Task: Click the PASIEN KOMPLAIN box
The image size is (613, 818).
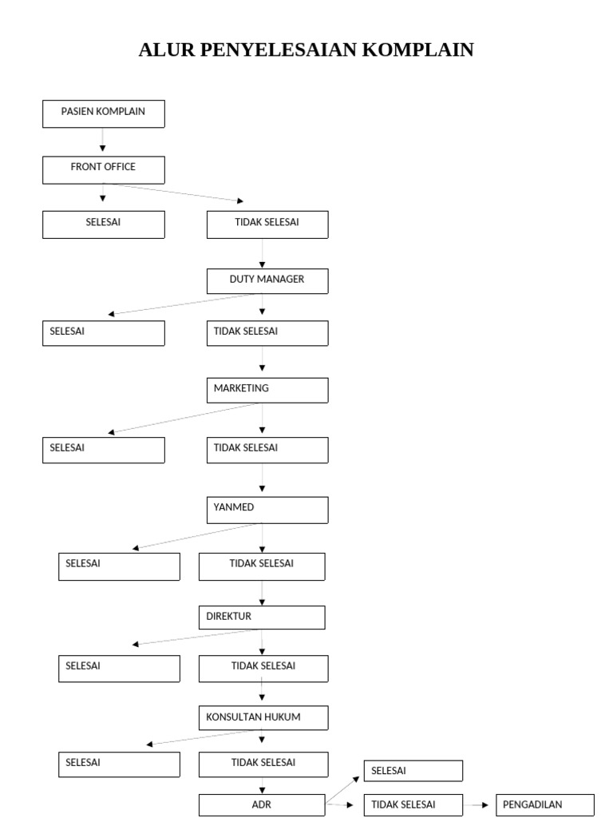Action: pyautogui.click(x=104, y=113)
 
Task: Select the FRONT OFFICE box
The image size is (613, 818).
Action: pyautogui.click(x=104, y=169)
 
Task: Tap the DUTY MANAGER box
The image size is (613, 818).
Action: pyautogui.click(x=267, y=281)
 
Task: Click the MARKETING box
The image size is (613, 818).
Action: pyautogui.click(x=267, y=390)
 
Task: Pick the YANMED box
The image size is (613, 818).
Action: pyautogui.click(x=267, y=510)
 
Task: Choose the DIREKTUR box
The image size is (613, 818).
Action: pyautogui.click(x=262, y=617)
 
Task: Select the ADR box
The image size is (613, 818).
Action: pyautogui.click(x=262, y=805)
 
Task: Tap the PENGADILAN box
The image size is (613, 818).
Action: pyautogui.click(x=545, y=805)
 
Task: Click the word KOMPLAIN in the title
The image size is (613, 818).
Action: pyautogui.click(x=418, y=50)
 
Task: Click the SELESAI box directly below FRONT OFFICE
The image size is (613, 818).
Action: pyautogui.click(x=104, y=224)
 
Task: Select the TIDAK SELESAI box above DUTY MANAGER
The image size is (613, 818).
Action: pyautogui.click(x=267, y=224)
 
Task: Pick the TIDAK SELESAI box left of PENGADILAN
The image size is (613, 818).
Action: pyautogui.click(x=413, y=805)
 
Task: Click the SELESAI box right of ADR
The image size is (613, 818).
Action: pyautogui.click(x=413, y=771)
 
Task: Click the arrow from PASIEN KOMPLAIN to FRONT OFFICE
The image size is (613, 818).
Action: pyautogui.click(x=103, y=141)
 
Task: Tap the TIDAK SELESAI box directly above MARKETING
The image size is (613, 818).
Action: pyautogui.click(x=267, y=333)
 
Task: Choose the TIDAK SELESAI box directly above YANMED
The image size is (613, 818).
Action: pyautogui.click(x=267, y=450)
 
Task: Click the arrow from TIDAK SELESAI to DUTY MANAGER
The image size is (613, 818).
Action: pyautogui.click(x=262, y=253)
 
